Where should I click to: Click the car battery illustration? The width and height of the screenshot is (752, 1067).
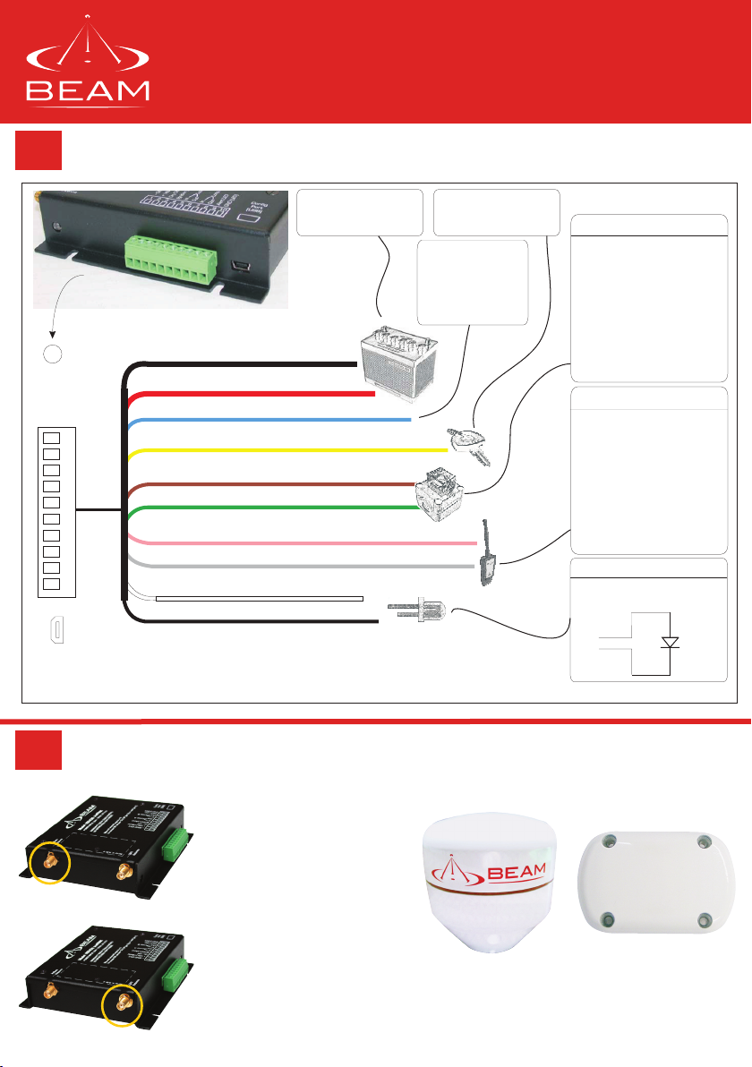[399, 354]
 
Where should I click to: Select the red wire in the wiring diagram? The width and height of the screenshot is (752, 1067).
[251, 394]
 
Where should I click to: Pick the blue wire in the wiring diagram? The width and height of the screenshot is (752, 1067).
[269, 420]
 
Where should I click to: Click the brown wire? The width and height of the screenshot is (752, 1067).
[269, 485]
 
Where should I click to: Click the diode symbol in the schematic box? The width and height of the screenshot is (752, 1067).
[669, 642]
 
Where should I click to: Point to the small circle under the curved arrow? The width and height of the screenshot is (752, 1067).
[53, 354]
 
